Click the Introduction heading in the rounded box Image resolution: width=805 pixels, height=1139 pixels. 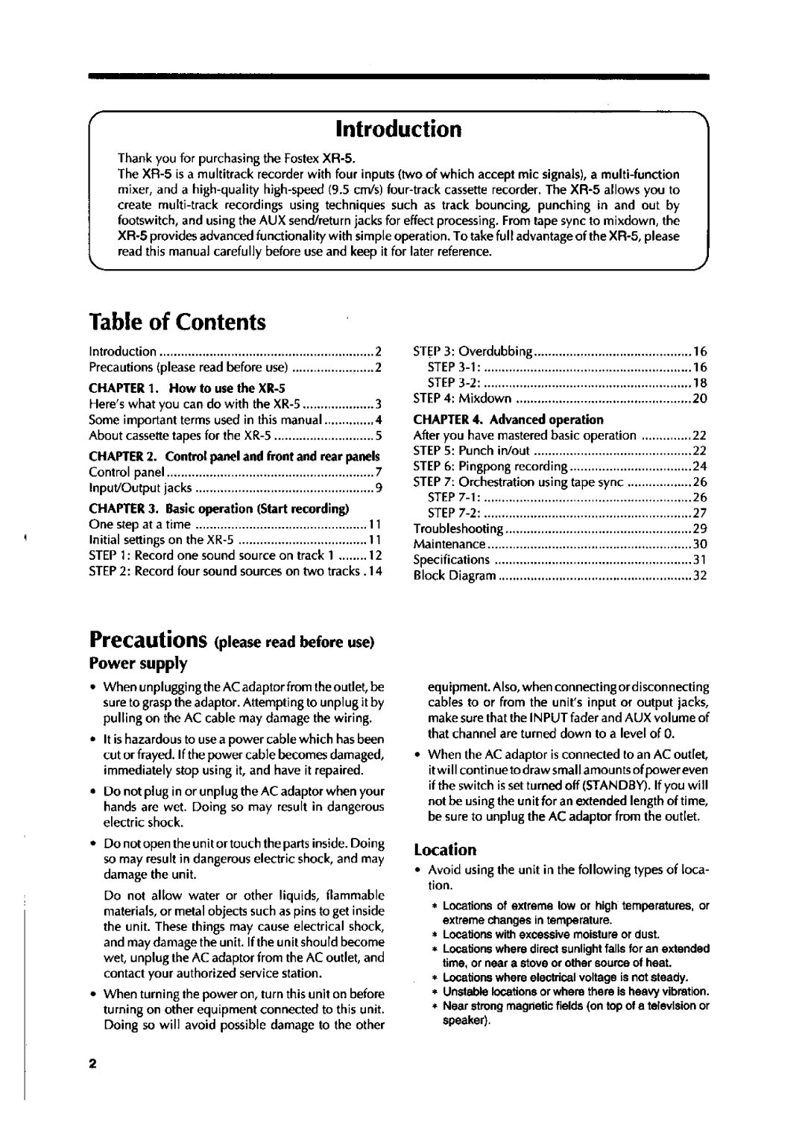click(x=398, y=129)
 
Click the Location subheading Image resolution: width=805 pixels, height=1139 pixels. click(x=445, y=850)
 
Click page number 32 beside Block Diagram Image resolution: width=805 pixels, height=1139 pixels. click(x=699, y=575)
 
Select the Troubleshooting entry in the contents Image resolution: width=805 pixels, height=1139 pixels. click(x=458, y=529)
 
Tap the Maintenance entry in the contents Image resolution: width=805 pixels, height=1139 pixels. click(x=449, y=544)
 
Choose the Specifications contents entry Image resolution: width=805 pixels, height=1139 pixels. click(x=452, y=560)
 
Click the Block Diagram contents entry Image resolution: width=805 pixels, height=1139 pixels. click(x=455, y=575)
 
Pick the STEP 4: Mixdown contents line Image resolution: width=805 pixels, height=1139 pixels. click(x=462, y=399)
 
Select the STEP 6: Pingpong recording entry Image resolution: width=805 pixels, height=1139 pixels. click(x=490, y=467)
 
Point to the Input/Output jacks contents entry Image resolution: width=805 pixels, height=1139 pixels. click(x=141, y=488)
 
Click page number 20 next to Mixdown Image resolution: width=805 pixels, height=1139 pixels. click(x=699, y=399)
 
